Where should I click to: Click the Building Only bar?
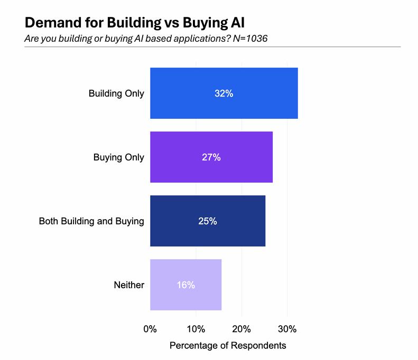(224, 93)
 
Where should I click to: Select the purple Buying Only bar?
(211, 157)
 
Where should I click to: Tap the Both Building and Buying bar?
(208, 221)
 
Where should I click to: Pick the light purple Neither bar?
(185, 285)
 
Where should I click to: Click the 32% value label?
(224, 93)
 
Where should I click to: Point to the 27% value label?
(211, 157)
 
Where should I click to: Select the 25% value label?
(208, 221)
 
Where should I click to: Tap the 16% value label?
(186, 285)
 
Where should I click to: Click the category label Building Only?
(116, 93)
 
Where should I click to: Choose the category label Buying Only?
(119, 157)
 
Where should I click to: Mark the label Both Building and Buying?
(91, 221)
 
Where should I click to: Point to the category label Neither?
(129, 285)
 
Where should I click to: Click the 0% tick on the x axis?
(150, 329)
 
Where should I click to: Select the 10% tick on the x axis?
(196, 329)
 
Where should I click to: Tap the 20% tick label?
(241, 329)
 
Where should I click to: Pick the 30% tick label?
(287, 329)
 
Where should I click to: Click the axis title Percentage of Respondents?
(228, 345)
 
